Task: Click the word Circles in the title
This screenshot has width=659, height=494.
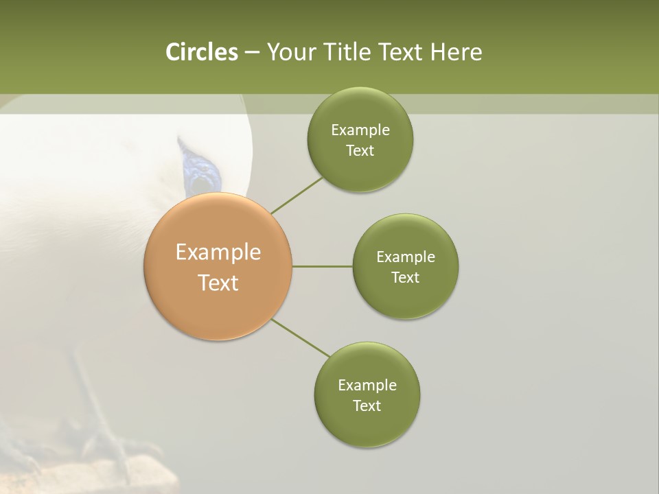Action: pos(201,52)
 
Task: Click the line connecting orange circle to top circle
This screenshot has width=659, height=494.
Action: pos(296,196)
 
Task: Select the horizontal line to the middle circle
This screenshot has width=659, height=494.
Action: pos(323,266)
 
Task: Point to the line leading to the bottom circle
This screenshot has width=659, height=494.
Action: pos(301,338)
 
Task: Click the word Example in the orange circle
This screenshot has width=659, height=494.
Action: pos(218,252)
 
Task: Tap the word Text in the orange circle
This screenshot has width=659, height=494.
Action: pos(218,283)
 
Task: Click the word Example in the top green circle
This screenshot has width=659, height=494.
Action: pos(360,130)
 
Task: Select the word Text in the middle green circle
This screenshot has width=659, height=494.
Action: pos(405,277)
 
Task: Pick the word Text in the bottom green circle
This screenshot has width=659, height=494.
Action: pos(367,405)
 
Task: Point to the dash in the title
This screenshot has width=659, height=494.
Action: pos(252,52)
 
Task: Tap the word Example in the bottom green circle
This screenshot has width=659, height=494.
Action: pos(367,385)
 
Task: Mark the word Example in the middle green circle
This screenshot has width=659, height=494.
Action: pos(406,257)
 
